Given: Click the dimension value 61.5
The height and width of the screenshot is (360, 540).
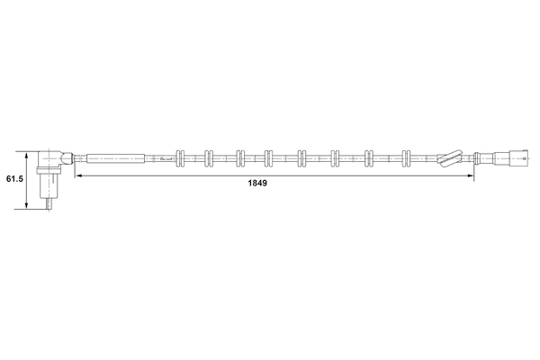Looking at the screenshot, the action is pos(14,179).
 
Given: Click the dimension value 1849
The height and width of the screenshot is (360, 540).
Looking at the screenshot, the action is pos(257,184).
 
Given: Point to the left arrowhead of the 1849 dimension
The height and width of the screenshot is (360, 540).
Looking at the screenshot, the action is pos(78,175).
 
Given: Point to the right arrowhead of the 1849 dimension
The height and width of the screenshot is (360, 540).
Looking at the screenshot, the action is pos(470,175).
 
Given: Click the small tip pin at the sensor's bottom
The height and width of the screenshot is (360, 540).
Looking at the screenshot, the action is pos(49,204).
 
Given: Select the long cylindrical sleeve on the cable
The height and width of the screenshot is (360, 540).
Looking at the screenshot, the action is pos(116,158).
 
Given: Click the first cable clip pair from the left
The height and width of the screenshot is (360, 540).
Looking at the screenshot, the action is pos(181,158).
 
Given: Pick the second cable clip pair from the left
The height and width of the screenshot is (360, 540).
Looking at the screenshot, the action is pos(209,158).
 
